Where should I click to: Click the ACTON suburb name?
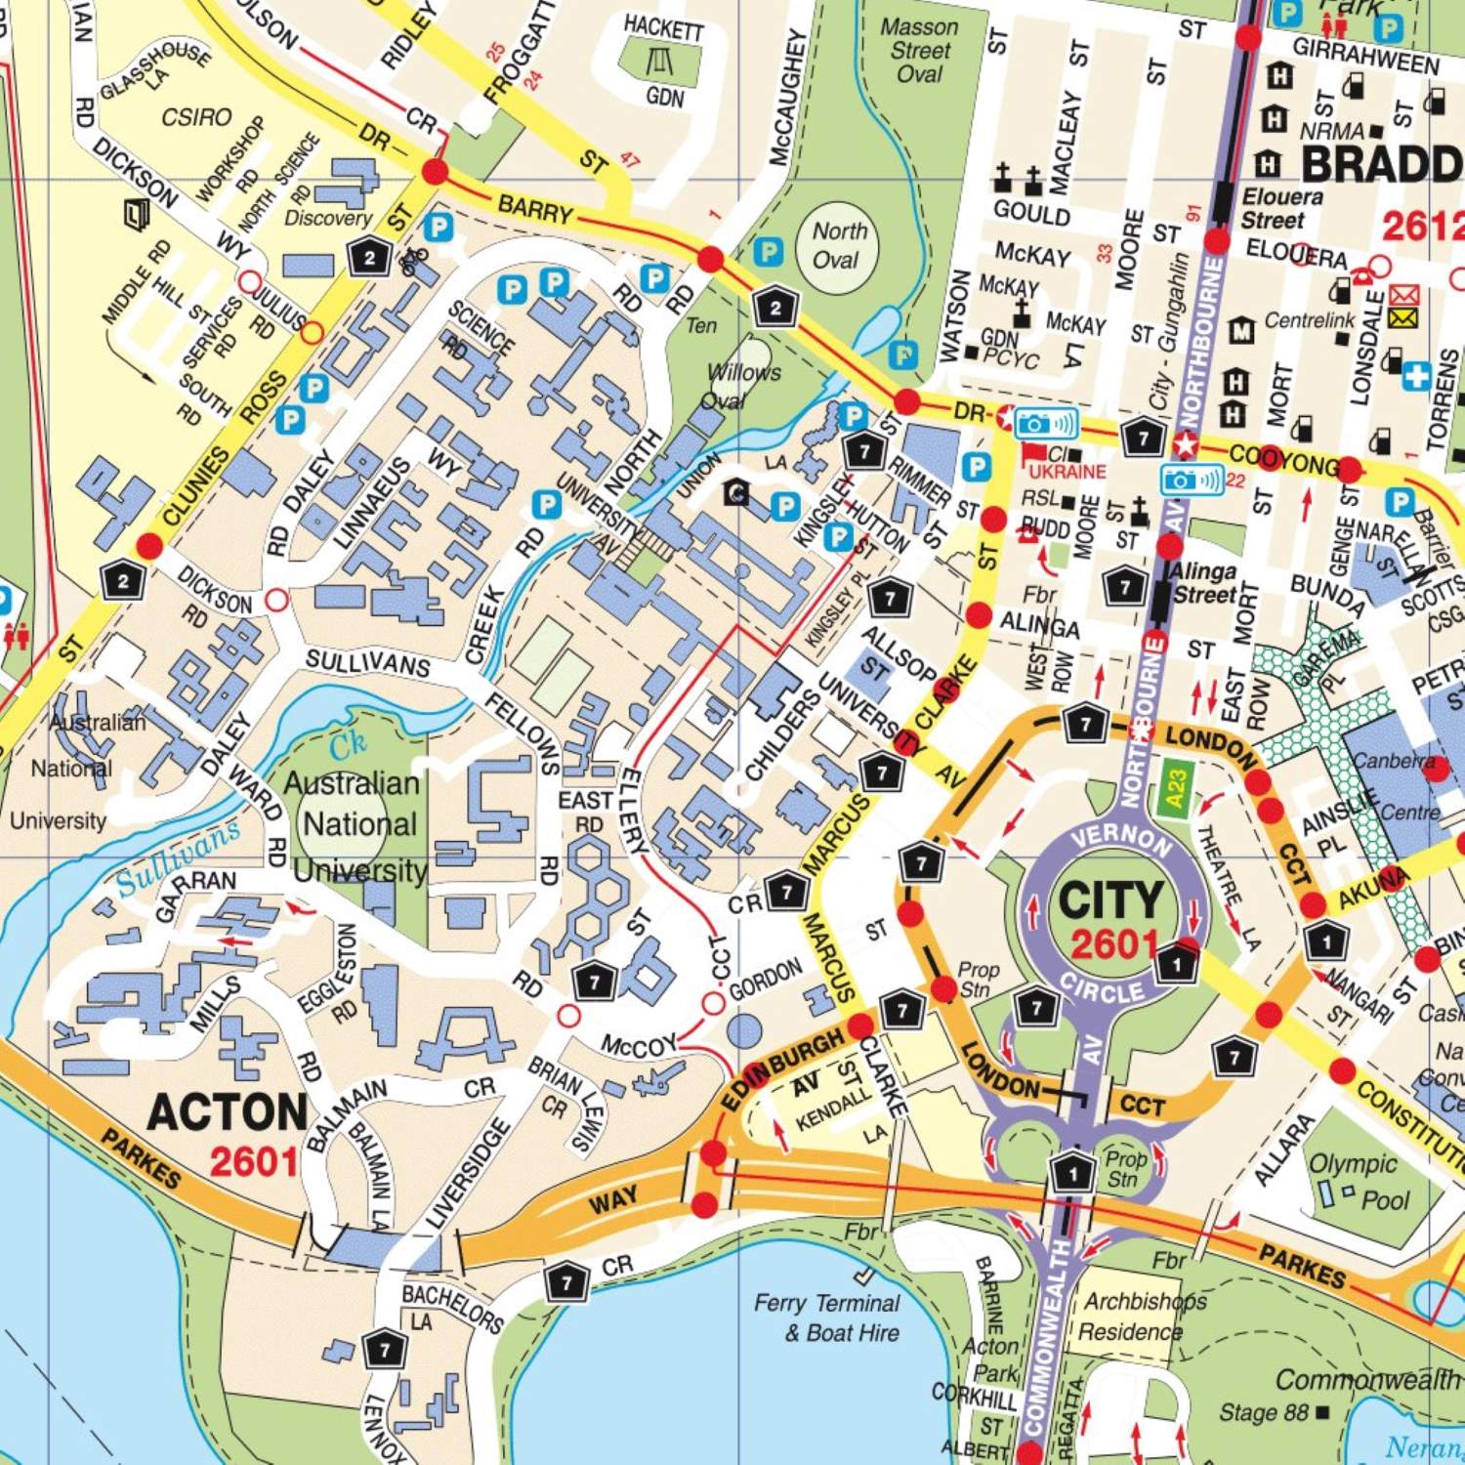pos(228,1112)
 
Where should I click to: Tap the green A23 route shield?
pos(1176,789)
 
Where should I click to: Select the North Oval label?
pos(838,245)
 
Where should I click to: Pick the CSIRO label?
pos(196,117)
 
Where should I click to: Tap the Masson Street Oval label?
pos(919,50)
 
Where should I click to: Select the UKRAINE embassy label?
pos(1067,472)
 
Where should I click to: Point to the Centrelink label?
pos(1309,320)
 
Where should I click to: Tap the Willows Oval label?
pos(743,386)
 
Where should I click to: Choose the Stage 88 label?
pos(1264,1412)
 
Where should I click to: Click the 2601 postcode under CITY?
pos(1113,944)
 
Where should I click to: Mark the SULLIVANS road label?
pos(367,663)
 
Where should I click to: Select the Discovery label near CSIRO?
pos(328,218)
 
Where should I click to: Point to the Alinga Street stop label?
pos(1203,583)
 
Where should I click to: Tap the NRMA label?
pos(1331,131)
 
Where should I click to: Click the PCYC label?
pos(1011,358)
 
